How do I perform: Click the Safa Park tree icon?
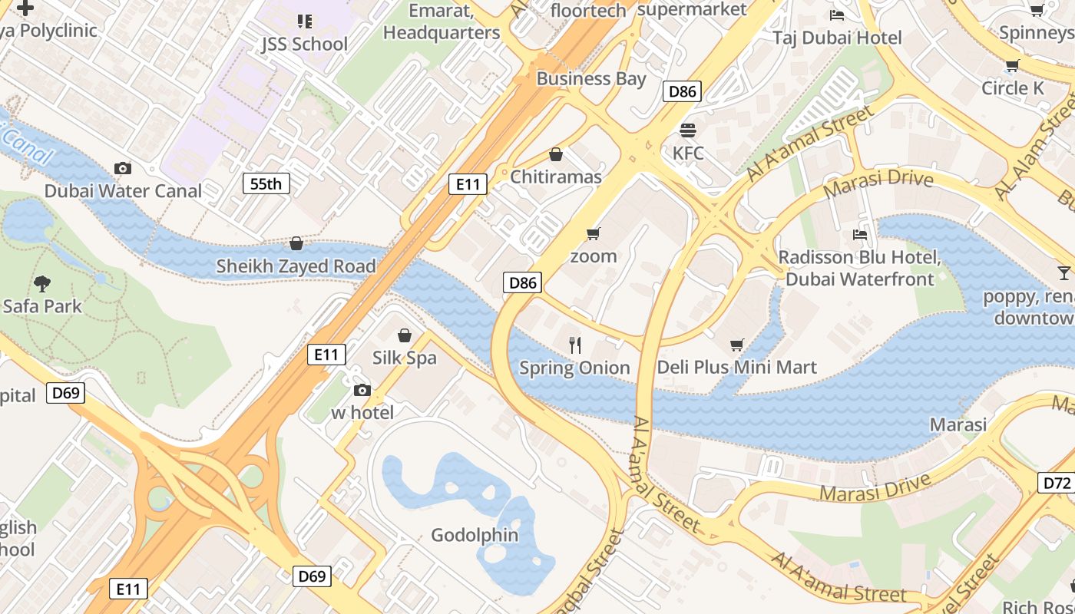point(42,284)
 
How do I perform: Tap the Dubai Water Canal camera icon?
point(122,168)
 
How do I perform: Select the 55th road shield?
point(266,183)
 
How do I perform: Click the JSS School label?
point(304,44)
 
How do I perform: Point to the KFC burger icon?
point(687,130)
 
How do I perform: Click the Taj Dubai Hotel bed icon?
point(837,15)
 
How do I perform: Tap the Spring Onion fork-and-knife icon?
point(574,345)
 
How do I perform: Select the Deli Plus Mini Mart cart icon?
point(737,345)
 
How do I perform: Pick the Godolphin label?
point(475,535)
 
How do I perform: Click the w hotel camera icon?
point(362,391)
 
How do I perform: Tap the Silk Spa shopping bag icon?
point(405,335)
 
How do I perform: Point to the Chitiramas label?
point(556,177)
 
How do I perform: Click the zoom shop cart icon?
point(593,233)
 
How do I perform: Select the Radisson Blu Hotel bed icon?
point(859,234)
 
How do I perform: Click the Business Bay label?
point(591,78)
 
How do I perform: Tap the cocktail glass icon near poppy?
point(1063,273)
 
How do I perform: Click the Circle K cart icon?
point(1012,66)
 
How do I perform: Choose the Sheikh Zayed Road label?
point(296,266)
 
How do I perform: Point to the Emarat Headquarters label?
point(442,21)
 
